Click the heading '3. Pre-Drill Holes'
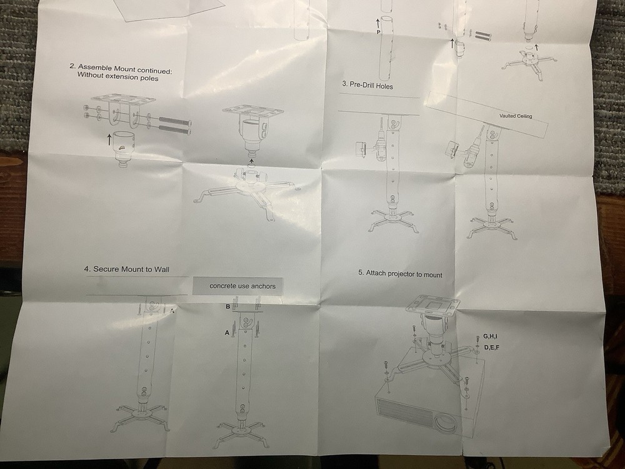[x=367, y=85]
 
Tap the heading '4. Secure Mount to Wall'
[x=127, y=269]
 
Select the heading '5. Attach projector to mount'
[x=400, y=274]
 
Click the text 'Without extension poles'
[x=117, y=76]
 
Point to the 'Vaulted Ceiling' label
[x=516, y=116]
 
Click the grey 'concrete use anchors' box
[x=238, y=286]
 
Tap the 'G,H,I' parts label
[x=490, y=336]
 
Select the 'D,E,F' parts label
[x=491, y=347]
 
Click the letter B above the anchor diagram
[x=227, y=306]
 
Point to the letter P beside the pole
[x=378, y=33]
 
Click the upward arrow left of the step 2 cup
[x=109, y=139]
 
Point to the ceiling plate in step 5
[x=432, y=306]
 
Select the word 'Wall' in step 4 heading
[x=162, y=270]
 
